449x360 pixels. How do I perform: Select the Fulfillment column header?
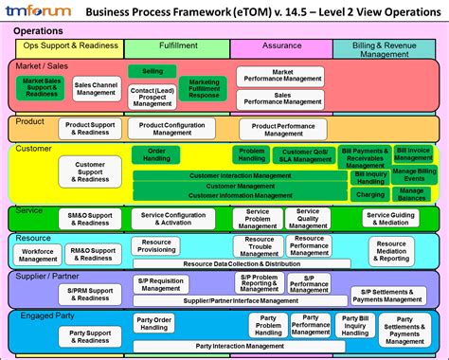point(176,46)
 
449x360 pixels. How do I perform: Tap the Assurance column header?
point(280,46)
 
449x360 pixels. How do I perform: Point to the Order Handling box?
point(156,155)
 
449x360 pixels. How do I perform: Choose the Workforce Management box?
point(38,255)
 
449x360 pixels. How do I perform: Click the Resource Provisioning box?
point(156,245)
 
